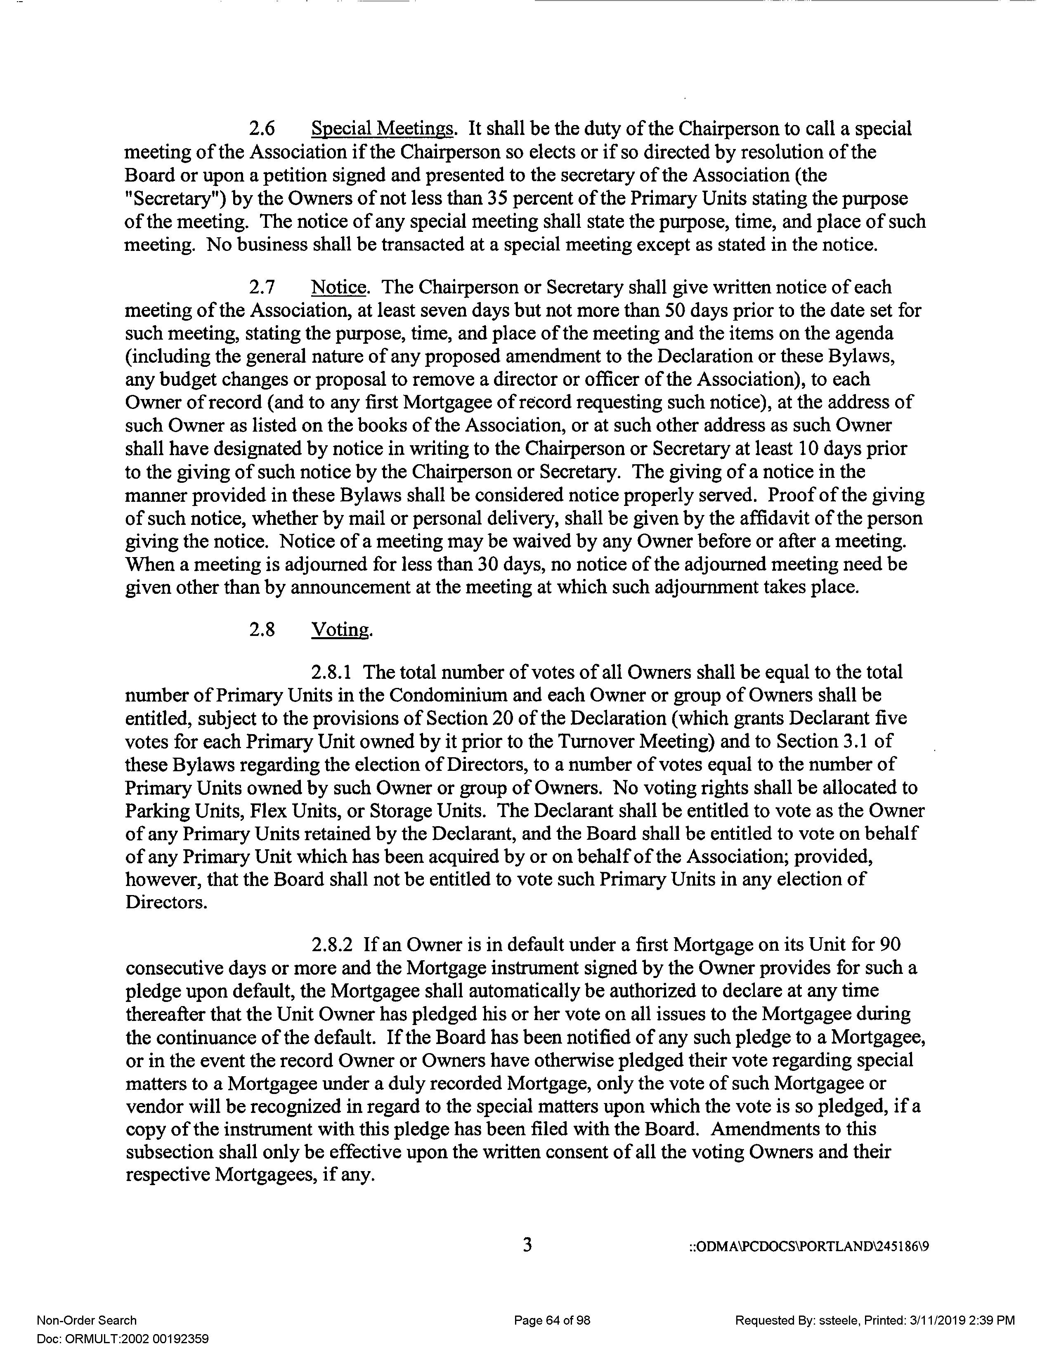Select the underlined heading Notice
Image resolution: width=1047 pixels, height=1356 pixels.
(339, 288)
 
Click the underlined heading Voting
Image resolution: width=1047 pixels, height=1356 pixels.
(341, 630)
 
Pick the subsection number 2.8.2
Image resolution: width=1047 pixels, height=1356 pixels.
(332, 944)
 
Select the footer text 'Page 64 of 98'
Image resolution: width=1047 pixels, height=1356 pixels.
(551, 1321)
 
